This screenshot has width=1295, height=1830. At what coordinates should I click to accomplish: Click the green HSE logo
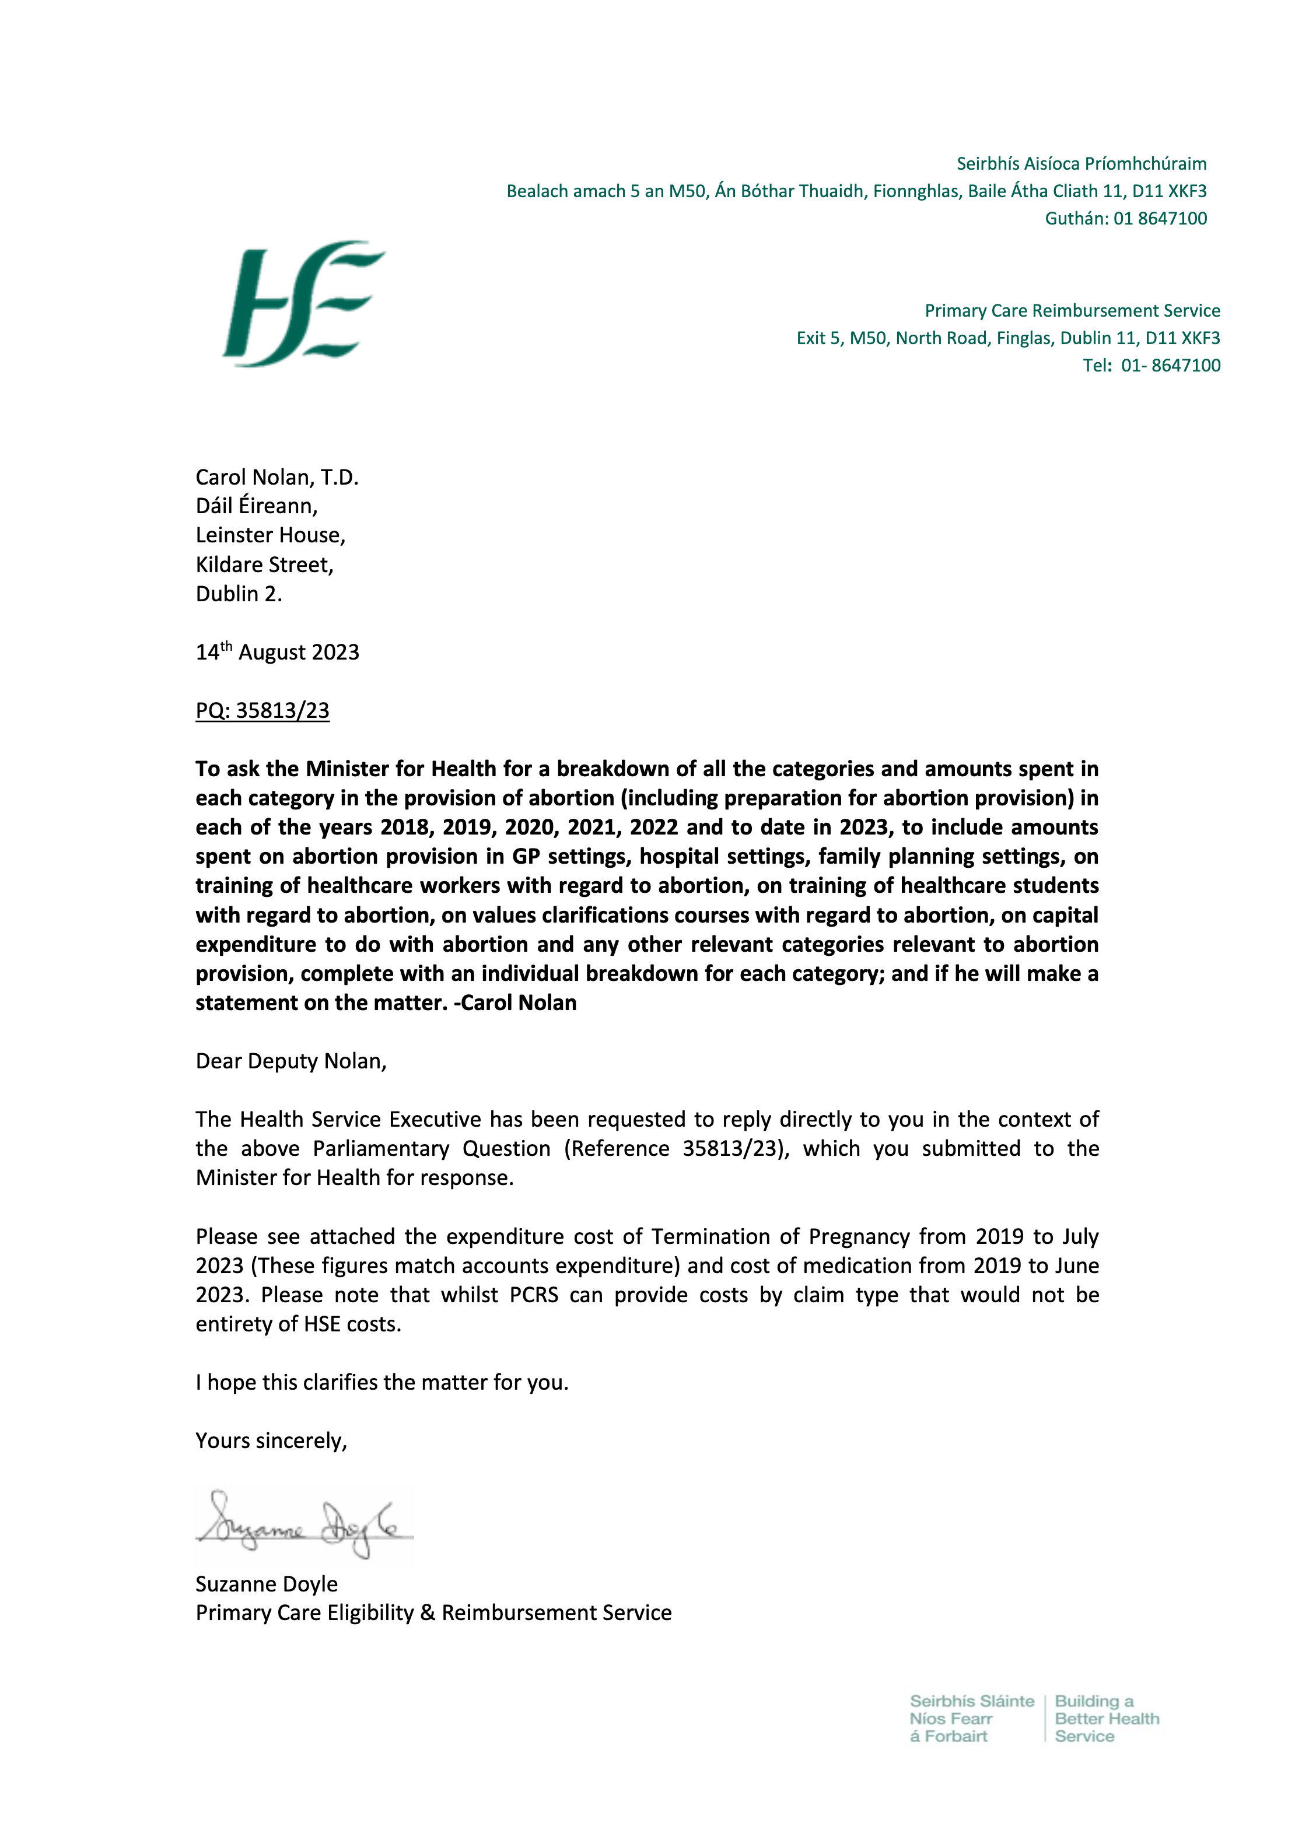[x=303, y=304]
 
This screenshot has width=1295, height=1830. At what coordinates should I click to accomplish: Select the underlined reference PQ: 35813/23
[x=262, y=710]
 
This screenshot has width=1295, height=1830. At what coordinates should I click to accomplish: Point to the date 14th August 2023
[x=278, y=652]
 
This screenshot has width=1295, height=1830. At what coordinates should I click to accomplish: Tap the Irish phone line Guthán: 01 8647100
[x=1125, y=218]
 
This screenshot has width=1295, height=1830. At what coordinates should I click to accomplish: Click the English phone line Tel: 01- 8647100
[x=1151, y=365]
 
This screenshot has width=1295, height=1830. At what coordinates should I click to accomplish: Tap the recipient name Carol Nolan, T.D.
[x=276, y=478]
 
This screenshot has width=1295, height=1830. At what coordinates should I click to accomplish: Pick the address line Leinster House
[x=270, y=535]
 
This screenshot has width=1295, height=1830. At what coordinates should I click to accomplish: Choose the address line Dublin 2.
[x=239, y=594]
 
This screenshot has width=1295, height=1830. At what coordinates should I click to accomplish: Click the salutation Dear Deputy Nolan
[x=291, y=1061]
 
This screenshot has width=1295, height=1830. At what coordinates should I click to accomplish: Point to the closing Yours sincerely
[x=271, y=1440]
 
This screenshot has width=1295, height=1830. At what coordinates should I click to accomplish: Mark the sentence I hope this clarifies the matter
[x=382, y=1382]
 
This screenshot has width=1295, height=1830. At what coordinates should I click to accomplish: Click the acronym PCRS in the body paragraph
[x=534, y=1295]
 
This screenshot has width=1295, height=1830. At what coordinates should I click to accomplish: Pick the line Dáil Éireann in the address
[x=256, y=506]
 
